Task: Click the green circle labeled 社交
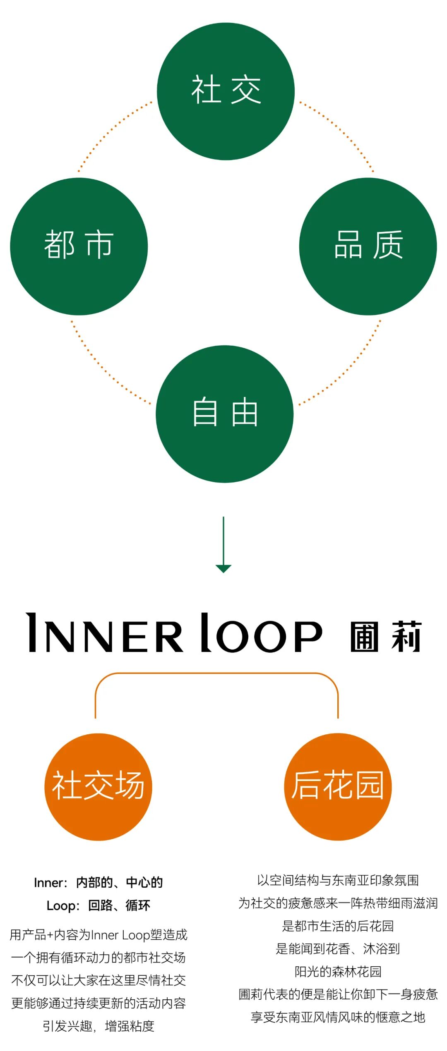[226, 91]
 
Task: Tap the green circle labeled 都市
[79, 246]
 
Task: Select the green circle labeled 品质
[368, 246]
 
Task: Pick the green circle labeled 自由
[225, 414]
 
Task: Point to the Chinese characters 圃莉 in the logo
[385, 636]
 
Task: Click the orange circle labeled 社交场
[99, 786]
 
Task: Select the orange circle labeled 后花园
[338, 786]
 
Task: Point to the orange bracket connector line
[216, 674]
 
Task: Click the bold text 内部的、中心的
[119, 883]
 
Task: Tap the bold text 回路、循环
[119, 905]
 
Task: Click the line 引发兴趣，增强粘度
[99, 1026]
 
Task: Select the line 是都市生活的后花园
[338, 926]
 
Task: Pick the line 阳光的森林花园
[338, 971]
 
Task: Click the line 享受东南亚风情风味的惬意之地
[338, 1017]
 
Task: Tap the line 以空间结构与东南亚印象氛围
[338, 880]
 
